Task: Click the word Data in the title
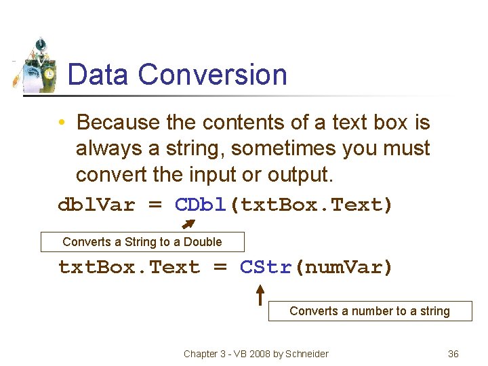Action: (98, 75)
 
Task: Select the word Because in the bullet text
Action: (118, 123)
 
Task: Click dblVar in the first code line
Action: (96, 205)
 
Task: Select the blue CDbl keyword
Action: (202, 205)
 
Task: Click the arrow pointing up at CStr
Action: (260, 293)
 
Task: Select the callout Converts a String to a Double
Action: (142, 242)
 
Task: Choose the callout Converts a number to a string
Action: (369, 311)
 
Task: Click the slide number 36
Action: (453, 354)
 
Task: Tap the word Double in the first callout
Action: (203, 242)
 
